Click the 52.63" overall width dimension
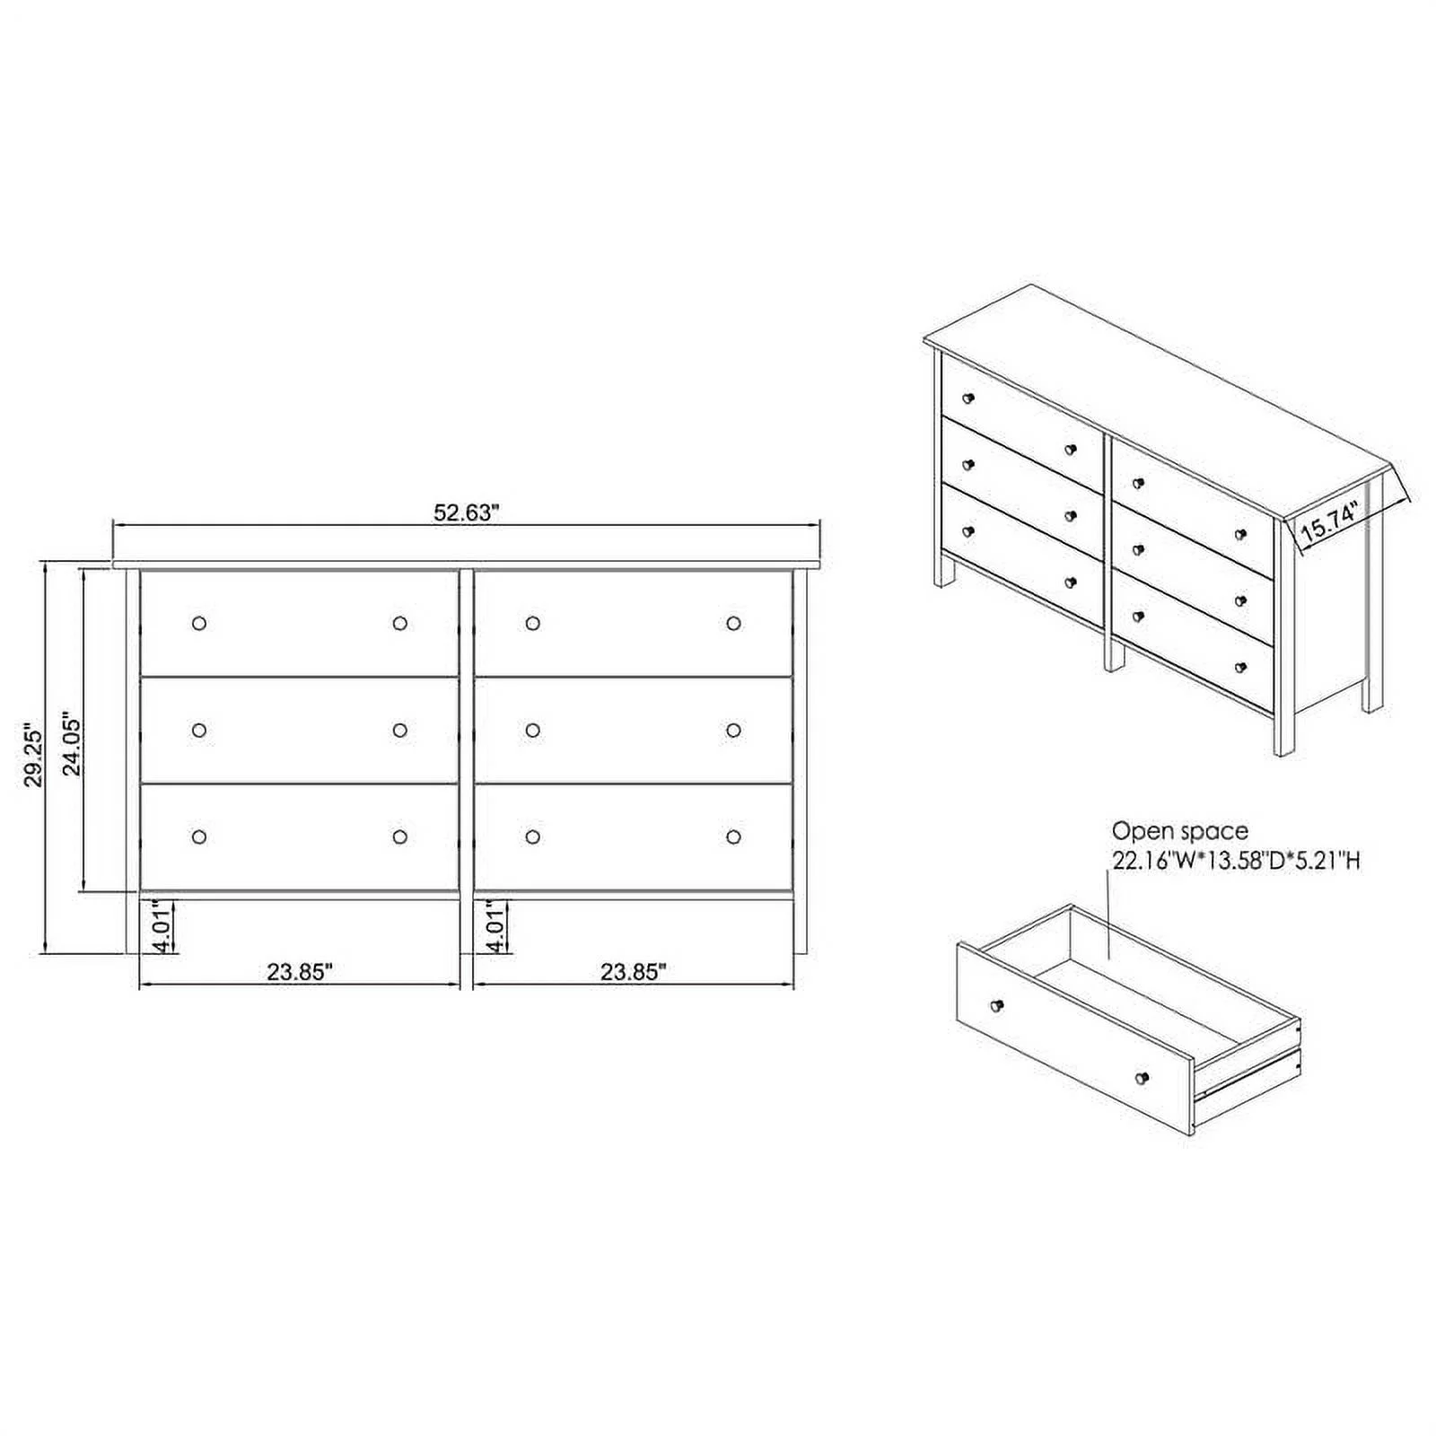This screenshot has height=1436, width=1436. click(x=466, y=512)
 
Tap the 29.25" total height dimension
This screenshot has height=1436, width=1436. click(x=33, y=755)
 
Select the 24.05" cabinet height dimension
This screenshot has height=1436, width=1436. click(x=72, y=745)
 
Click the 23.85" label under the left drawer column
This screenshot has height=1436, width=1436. click(x=300, y=971)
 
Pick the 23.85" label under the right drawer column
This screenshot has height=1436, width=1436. click(x=634, y=971)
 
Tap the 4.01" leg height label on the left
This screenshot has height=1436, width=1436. click(x=162, y=927)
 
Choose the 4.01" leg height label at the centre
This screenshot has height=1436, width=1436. click(x=495, y=927)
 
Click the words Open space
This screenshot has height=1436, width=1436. click(x=1180, y=831)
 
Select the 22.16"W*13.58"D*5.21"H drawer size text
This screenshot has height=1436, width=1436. click(x=1237, y=862)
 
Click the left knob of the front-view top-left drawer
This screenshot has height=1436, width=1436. click(x=199, y=623)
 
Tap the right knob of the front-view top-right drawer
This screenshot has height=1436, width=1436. click(x=733, y=623)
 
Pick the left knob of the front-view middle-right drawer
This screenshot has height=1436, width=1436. click(x=532, y=731)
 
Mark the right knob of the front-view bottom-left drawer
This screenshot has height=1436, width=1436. click(x=400, y=836)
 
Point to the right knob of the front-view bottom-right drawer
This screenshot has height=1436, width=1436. click(x=733, y=836)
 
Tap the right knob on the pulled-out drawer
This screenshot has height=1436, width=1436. click(x=1142, y=1077)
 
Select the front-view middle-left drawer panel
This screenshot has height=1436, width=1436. click(x=300, y=731)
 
